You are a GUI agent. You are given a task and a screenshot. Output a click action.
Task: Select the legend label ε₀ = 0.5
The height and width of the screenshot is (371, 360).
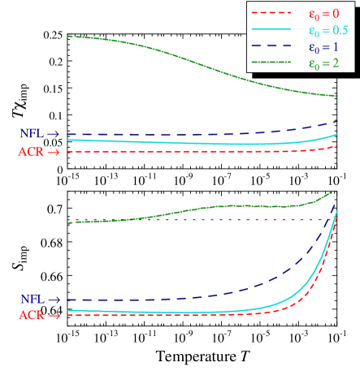328,31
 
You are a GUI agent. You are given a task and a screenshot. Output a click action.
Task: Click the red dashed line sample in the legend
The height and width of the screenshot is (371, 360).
271,13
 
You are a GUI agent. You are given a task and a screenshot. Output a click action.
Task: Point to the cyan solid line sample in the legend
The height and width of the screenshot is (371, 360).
271,29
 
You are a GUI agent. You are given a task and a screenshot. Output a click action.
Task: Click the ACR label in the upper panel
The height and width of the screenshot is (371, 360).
31,152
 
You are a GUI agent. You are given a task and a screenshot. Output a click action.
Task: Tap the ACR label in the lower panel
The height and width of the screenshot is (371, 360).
31,315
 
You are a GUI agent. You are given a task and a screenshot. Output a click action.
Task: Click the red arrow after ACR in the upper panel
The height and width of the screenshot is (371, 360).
54,152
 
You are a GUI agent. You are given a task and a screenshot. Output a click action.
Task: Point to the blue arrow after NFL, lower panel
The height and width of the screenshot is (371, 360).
54,300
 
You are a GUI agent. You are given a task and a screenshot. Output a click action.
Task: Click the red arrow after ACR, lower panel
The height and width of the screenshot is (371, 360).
54,316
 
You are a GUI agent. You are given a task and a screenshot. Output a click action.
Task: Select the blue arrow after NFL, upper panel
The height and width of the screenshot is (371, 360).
54,134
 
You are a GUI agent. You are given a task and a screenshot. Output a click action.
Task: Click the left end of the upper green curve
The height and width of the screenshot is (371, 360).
67,36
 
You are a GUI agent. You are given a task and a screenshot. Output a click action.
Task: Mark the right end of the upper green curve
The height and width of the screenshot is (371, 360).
336,96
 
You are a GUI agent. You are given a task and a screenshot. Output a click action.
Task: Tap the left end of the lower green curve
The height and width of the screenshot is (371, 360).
67,222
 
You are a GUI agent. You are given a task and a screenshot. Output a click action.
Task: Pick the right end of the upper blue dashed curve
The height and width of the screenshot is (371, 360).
336,122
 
